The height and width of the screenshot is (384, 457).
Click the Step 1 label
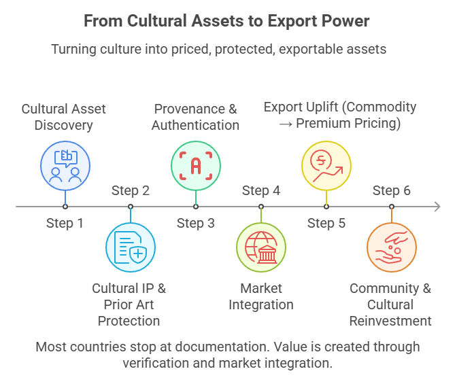65,223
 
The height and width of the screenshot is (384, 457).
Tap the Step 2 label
131,190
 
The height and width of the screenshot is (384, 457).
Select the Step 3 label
195,223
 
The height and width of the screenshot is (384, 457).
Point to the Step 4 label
261,190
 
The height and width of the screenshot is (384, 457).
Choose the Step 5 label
326,223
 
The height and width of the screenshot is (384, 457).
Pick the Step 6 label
392,190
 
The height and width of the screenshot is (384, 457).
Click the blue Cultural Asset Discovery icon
65,165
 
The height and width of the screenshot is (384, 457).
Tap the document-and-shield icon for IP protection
131,247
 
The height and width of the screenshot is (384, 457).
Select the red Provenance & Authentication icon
196,165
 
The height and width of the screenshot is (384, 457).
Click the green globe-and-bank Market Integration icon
261,247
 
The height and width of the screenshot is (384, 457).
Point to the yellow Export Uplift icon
326,165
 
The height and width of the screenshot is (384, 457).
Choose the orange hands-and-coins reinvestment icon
392,247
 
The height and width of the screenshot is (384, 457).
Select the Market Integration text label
261,296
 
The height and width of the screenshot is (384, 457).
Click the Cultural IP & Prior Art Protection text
129,304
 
